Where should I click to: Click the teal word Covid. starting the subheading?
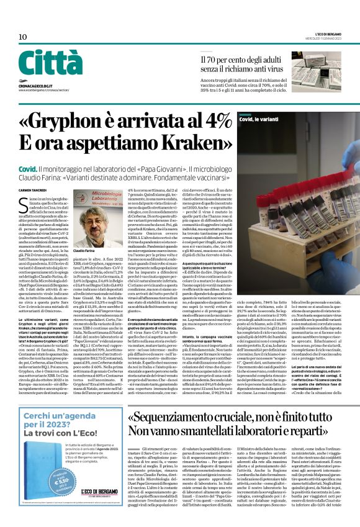click(27, 169)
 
